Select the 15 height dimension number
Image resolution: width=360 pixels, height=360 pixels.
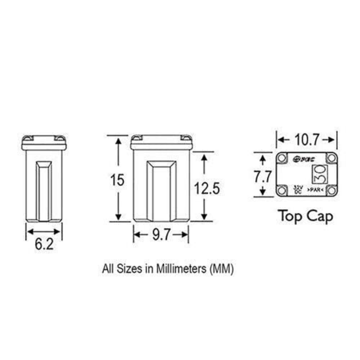point(118,180)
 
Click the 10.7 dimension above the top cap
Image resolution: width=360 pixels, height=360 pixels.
point(307,139)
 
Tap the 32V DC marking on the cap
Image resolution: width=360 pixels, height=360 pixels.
point(297,189)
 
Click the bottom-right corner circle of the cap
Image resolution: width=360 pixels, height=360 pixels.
point(331,190)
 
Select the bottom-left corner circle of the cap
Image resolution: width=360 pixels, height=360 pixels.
point(282,190)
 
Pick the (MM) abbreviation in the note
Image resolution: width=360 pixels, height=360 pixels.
point(220,269)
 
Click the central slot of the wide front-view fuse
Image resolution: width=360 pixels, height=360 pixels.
point(161,191)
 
